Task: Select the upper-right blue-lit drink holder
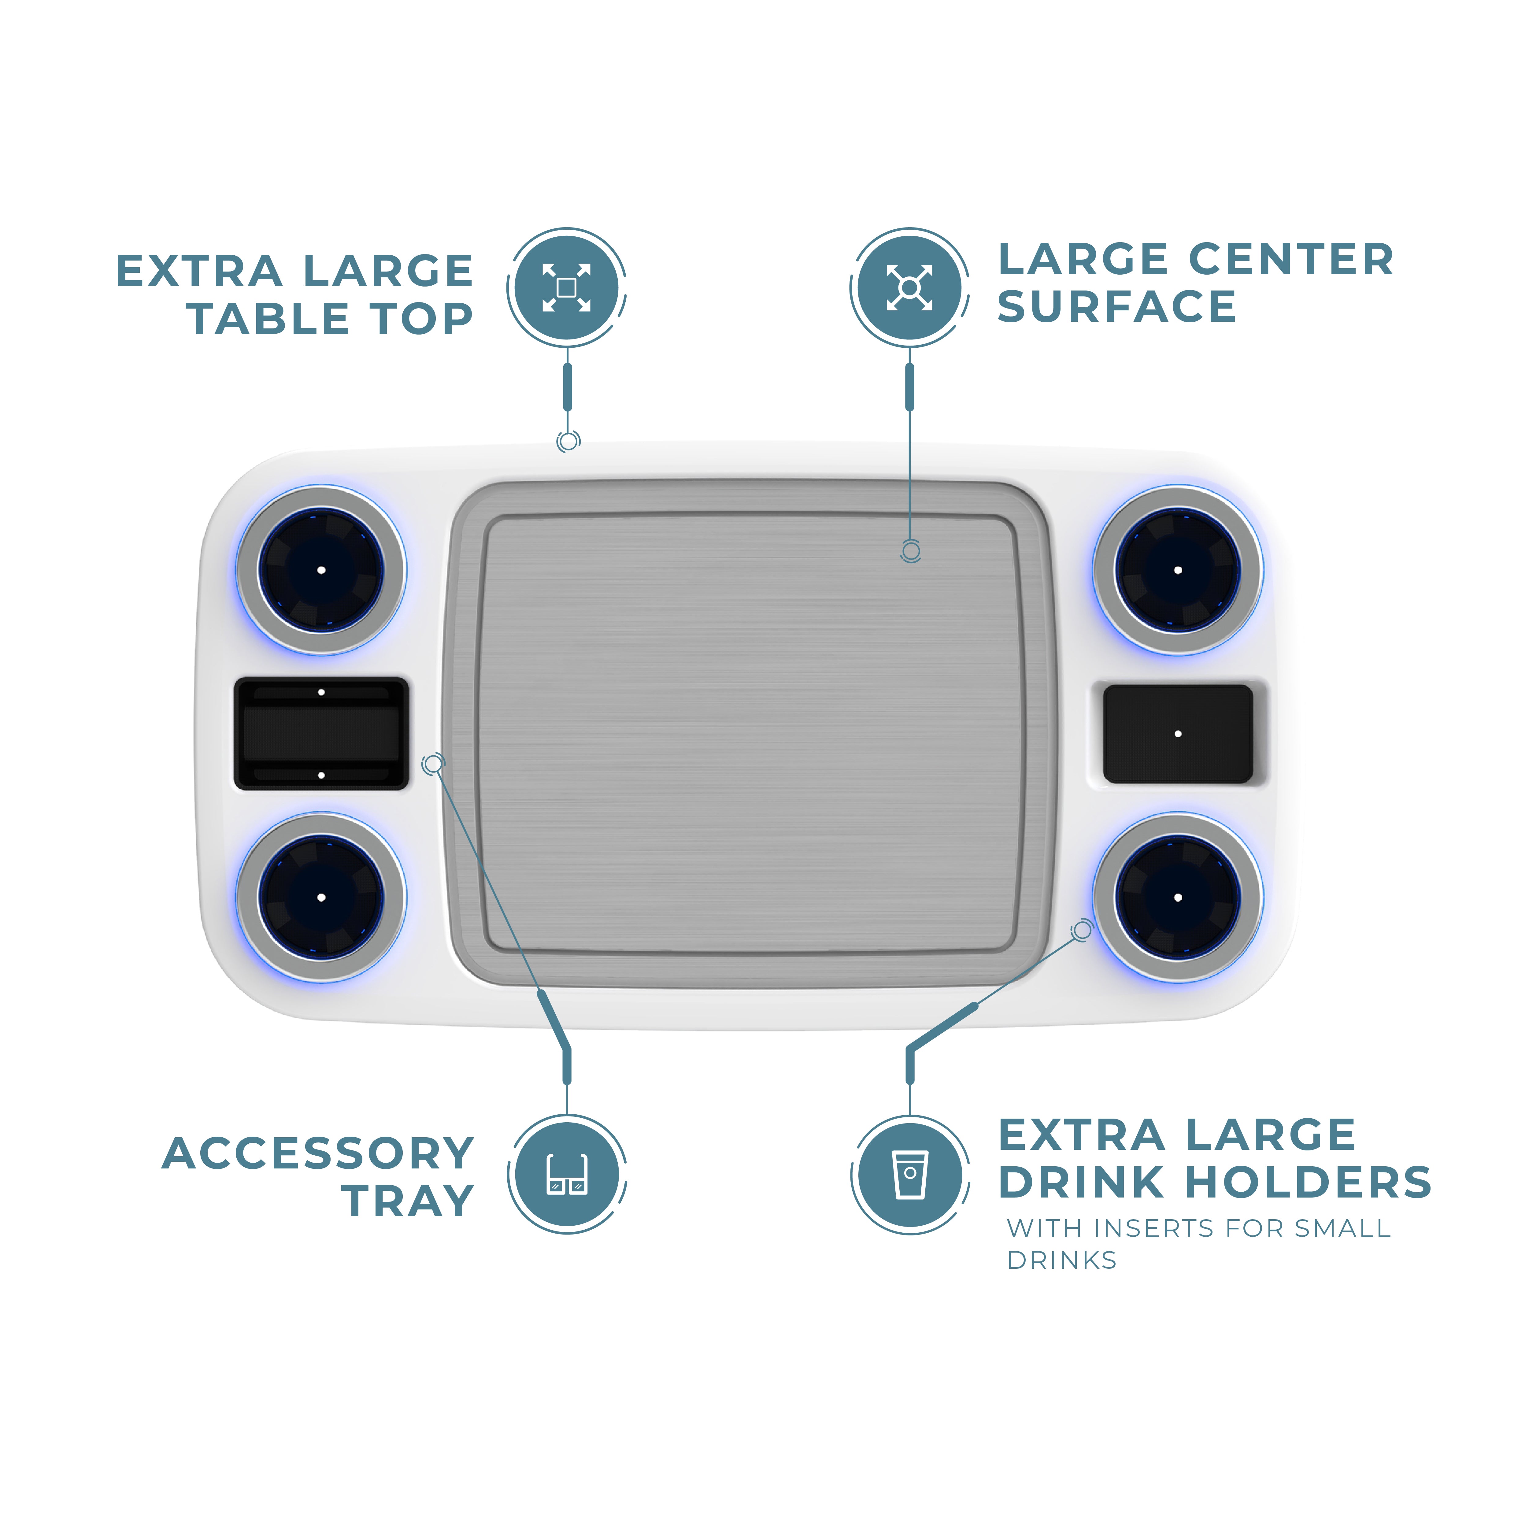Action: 1178,570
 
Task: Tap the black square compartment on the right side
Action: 1178,734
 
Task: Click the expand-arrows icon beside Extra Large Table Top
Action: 567,287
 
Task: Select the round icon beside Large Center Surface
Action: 909,287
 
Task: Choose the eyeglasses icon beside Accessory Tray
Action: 567,1175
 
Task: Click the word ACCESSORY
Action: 318,1154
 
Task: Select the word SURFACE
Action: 1116,307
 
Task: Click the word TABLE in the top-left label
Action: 269,319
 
